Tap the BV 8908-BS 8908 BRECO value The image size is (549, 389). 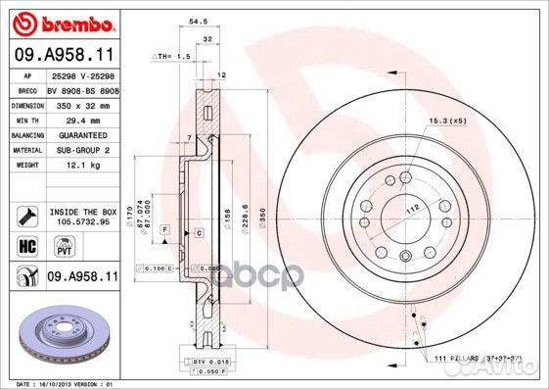tap(82, 89)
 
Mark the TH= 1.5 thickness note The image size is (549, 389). tap(172, 57)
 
